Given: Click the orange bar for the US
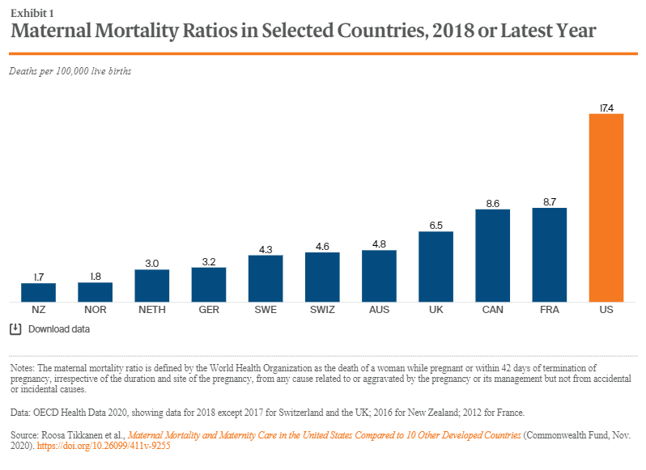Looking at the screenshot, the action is (606, 208).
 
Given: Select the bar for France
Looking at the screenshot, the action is (549, 255).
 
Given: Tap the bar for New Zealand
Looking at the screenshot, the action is (38, 293).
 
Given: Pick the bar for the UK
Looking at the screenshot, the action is (436, 267).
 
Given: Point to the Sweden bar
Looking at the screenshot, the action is (266, 278).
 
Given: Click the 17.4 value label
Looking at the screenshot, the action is (606, 108).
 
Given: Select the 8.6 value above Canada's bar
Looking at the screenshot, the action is (493, 204).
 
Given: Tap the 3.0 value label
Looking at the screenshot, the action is (152, 264).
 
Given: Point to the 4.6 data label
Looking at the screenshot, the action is (322, 247).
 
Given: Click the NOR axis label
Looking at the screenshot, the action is (96, 310).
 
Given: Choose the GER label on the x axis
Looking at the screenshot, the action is (209, 310).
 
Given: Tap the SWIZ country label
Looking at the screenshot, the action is (322, 310).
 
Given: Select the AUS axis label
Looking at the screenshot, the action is (379, 310).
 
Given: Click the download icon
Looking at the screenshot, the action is (15, 329).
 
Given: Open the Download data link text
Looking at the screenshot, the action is (59, 329).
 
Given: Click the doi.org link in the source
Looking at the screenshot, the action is (104, 446).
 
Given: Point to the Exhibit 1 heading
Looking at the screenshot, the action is (32, 14).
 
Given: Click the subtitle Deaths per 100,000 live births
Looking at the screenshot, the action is (70, 71).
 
